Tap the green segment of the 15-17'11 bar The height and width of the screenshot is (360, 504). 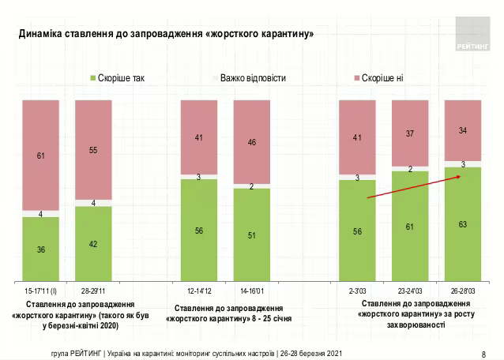point(40,249)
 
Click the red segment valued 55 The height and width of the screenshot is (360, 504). point(93,150)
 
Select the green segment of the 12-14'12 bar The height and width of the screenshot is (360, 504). point(199,231)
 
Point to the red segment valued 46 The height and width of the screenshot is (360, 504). point(252,143)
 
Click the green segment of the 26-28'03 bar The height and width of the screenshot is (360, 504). point(464,224)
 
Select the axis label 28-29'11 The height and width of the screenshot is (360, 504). point(93,291)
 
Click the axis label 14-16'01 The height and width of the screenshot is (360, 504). point(252,291)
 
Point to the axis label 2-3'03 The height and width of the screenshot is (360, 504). point(358,291)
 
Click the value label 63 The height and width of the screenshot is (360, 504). point(464,224)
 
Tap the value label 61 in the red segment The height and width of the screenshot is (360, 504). point(41,156)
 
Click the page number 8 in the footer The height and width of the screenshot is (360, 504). point(483,353)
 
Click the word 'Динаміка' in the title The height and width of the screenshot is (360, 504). point(43,34)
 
